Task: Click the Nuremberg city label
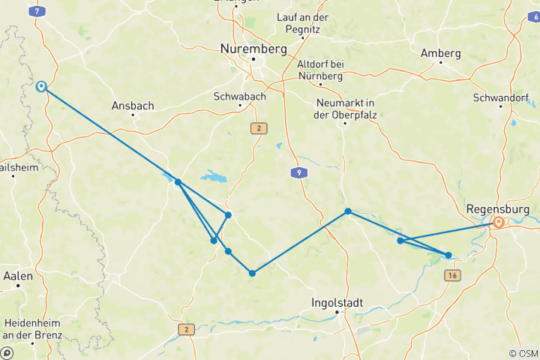click(x=253, y=48)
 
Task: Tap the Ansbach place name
click(x=132, y=106)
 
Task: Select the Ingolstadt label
click(x=337, y=302)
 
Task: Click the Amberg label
click(x=440, y=53)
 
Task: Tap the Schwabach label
click(x=238, y=97)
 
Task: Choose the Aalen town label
click(x=18, y=276)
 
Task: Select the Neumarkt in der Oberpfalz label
click(x=345, y=108)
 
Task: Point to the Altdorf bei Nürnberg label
click(x=320, y=70)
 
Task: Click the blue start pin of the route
click(x=42, y=87)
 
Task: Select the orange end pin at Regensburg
click(x=498, y=223)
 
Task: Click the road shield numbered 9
click(x=299, y=173)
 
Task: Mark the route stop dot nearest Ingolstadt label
click(x=252, y=273)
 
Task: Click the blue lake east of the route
click(x=212, y=178)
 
